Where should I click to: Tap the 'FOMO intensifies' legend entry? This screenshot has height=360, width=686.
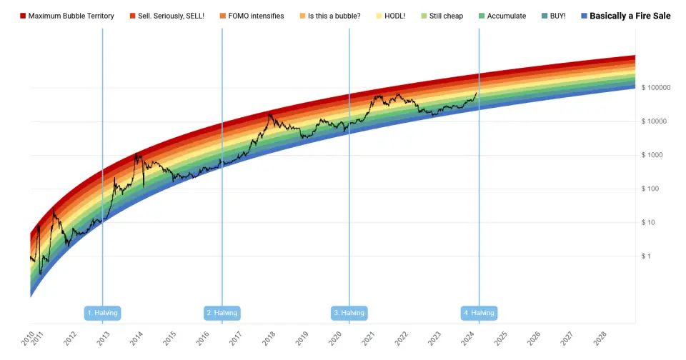coord(256,16)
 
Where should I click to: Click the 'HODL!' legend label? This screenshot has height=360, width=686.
coord(395,16)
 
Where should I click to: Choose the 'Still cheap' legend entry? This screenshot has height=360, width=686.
coord(446,16)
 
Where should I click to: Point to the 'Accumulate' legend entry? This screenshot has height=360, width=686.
coord(507,16)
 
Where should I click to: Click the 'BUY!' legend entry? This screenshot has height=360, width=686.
coord(557,16)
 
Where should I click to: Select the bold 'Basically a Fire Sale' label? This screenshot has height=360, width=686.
coord(630,16)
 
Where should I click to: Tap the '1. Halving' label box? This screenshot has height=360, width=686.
coord(102,313)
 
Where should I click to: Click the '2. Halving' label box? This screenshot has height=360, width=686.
coord(222,313)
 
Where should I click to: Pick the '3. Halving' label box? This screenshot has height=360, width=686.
coord(349,313)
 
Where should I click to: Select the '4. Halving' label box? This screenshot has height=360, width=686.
coord(479,313)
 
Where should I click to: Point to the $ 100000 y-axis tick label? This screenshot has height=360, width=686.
coord(655,88)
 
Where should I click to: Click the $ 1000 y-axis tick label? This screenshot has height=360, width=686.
coord(651,155)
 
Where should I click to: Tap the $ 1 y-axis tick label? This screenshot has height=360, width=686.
coord(646,256)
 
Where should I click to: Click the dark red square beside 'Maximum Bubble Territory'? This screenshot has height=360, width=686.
coord(23,16)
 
